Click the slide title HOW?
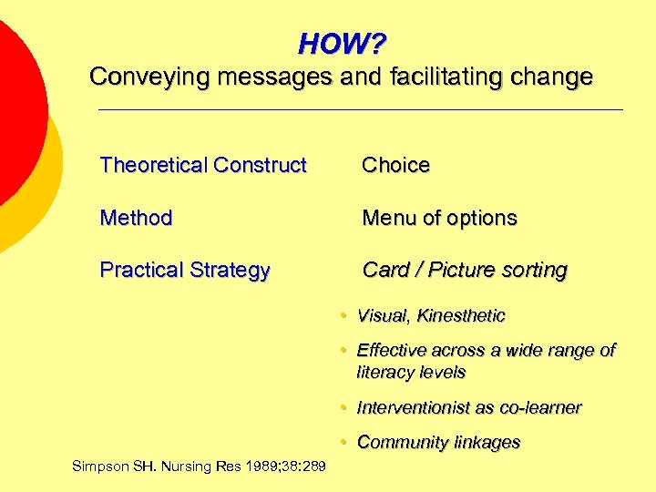[342, 44]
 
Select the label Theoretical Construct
[203, 165]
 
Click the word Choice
[395, 165]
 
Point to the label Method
[136, 218]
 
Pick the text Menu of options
[439, 218]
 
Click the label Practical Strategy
[185, 271]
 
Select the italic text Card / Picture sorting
[465, 270]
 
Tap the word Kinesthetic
[461, 316]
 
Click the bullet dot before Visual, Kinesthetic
[338, 316]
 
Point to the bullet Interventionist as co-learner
[468, 407]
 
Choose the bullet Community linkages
[438, 443]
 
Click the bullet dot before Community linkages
[338, 443]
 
